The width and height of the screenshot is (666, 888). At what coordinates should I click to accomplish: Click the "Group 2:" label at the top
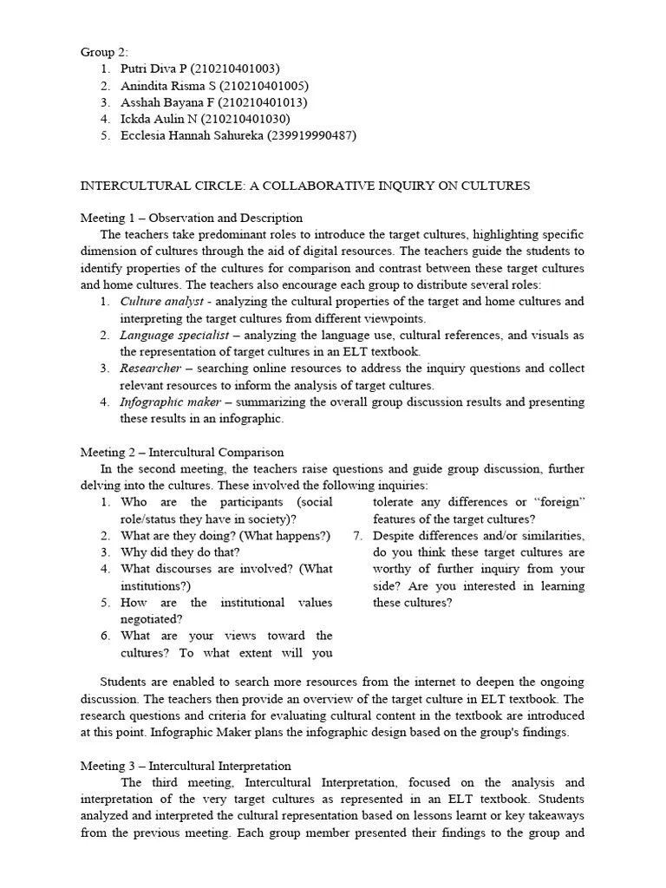click(104, 52)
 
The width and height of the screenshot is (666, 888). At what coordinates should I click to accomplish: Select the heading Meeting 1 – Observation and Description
click(192, 219)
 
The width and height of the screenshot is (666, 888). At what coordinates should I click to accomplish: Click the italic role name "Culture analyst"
click(161, 302)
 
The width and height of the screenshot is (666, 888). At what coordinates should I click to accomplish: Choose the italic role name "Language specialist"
click(174, 335)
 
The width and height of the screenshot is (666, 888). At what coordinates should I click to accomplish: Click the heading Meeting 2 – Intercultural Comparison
click(182, 453)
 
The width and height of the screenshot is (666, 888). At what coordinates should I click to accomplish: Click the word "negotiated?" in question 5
click(152, 619)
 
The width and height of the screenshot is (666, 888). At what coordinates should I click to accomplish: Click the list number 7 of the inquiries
click(357, 536)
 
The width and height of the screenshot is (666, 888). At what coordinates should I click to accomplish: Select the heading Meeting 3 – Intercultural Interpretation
click(186, 767)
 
